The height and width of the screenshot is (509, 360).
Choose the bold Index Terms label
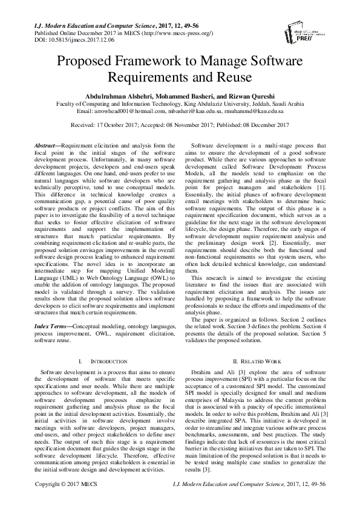[x=51, y=326]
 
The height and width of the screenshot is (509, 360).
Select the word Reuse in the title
[x=219, y=77]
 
